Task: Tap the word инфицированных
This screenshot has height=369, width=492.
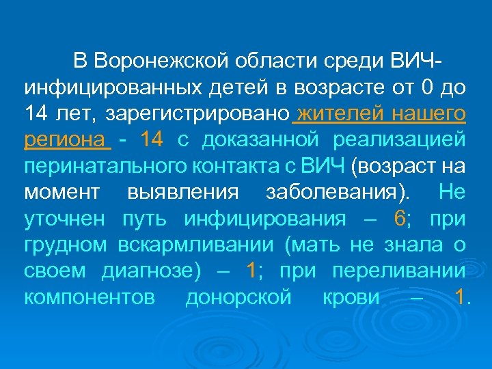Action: [106, 87]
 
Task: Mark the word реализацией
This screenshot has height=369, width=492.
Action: [400, 140]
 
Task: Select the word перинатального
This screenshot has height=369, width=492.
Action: [100, 166]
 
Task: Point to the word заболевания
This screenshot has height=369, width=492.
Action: [333, 193]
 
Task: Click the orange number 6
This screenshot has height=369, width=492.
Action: [400, 219]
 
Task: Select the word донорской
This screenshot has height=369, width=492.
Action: [238, 297]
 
